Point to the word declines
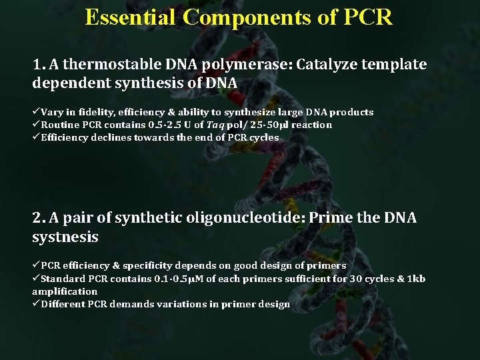coord(113,137)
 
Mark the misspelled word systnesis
coord(65,237)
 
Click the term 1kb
coord(415,279)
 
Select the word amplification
coord(65,291)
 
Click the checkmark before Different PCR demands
coord(36,304)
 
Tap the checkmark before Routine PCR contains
coord(36,125)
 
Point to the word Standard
coord(63,279)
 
